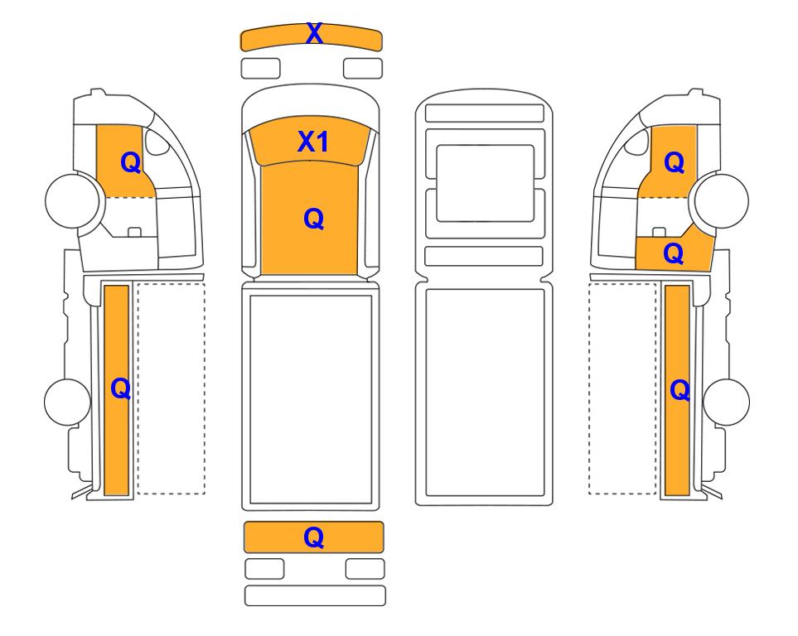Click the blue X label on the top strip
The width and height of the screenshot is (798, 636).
tap(314, 34)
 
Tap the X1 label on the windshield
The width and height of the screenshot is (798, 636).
tap(313, 142)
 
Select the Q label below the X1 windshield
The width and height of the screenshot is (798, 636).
tap(313, 219)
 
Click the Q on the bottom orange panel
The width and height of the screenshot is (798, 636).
tap(313, 537)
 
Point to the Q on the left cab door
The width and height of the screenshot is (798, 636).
tap(130, 163)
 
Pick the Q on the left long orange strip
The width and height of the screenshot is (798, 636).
tap(121, 389)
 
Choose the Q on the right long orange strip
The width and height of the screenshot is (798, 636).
tap(680, 391)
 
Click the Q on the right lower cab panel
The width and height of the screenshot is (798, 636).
tap(674, 253)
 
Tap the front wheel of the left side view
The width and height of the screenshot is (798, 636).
tap(72, 200)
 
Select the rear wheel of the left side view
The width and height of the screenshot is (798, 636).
tap(67, 402)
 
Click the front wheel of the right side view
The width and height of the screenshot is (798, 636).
tap(722, 200)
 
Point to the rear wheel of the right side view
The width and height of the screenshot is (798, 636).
tap(726, 402)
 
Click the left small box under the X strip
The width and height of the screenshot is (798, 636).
tap(260, 69)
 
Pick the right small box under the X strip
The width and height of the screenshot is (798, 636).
tap(363, 69)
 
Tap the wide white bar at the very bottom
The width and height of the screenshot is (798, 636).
tap(315, 595)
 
